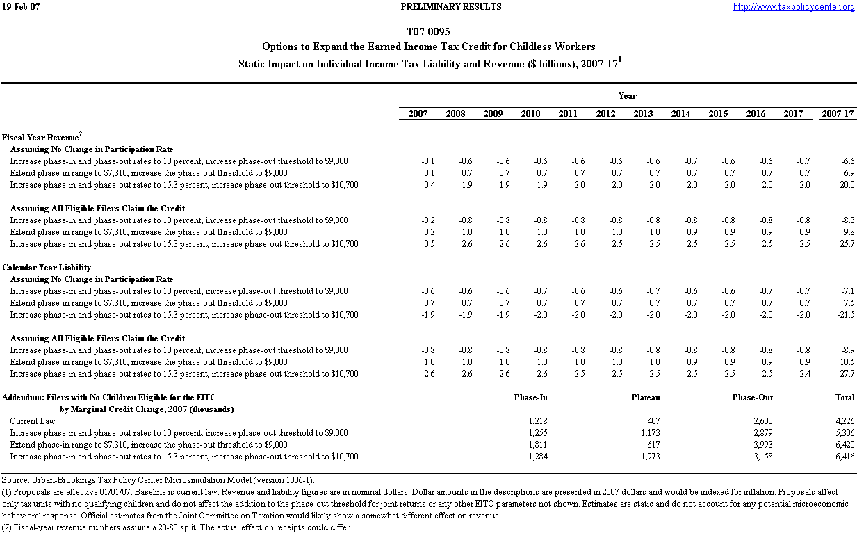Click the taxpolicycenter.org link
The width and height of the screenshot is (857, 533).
[794, 7]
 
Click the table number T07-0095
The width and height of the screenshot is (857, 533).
[428, 33]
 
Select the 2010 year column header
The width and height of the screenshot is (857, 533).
[530, 114]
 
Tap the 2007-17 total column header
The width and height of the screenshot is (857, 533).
[838, 114]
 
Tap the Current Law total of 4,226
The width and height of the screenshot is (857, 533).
[844, 421]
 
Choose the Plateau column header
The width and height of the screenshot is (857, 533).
[646, 397]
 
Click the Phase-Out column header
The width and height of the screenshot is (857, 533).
[752, 397]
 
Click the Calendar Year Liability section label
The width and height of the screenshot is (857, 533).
[47, 268]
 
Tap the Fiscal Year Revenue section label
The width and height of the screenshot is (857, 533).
[42, 138]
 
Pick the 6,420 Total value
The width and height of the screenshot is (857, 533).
[844, 445]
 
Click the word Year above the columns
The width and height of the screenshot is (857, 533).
[627, 96]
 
